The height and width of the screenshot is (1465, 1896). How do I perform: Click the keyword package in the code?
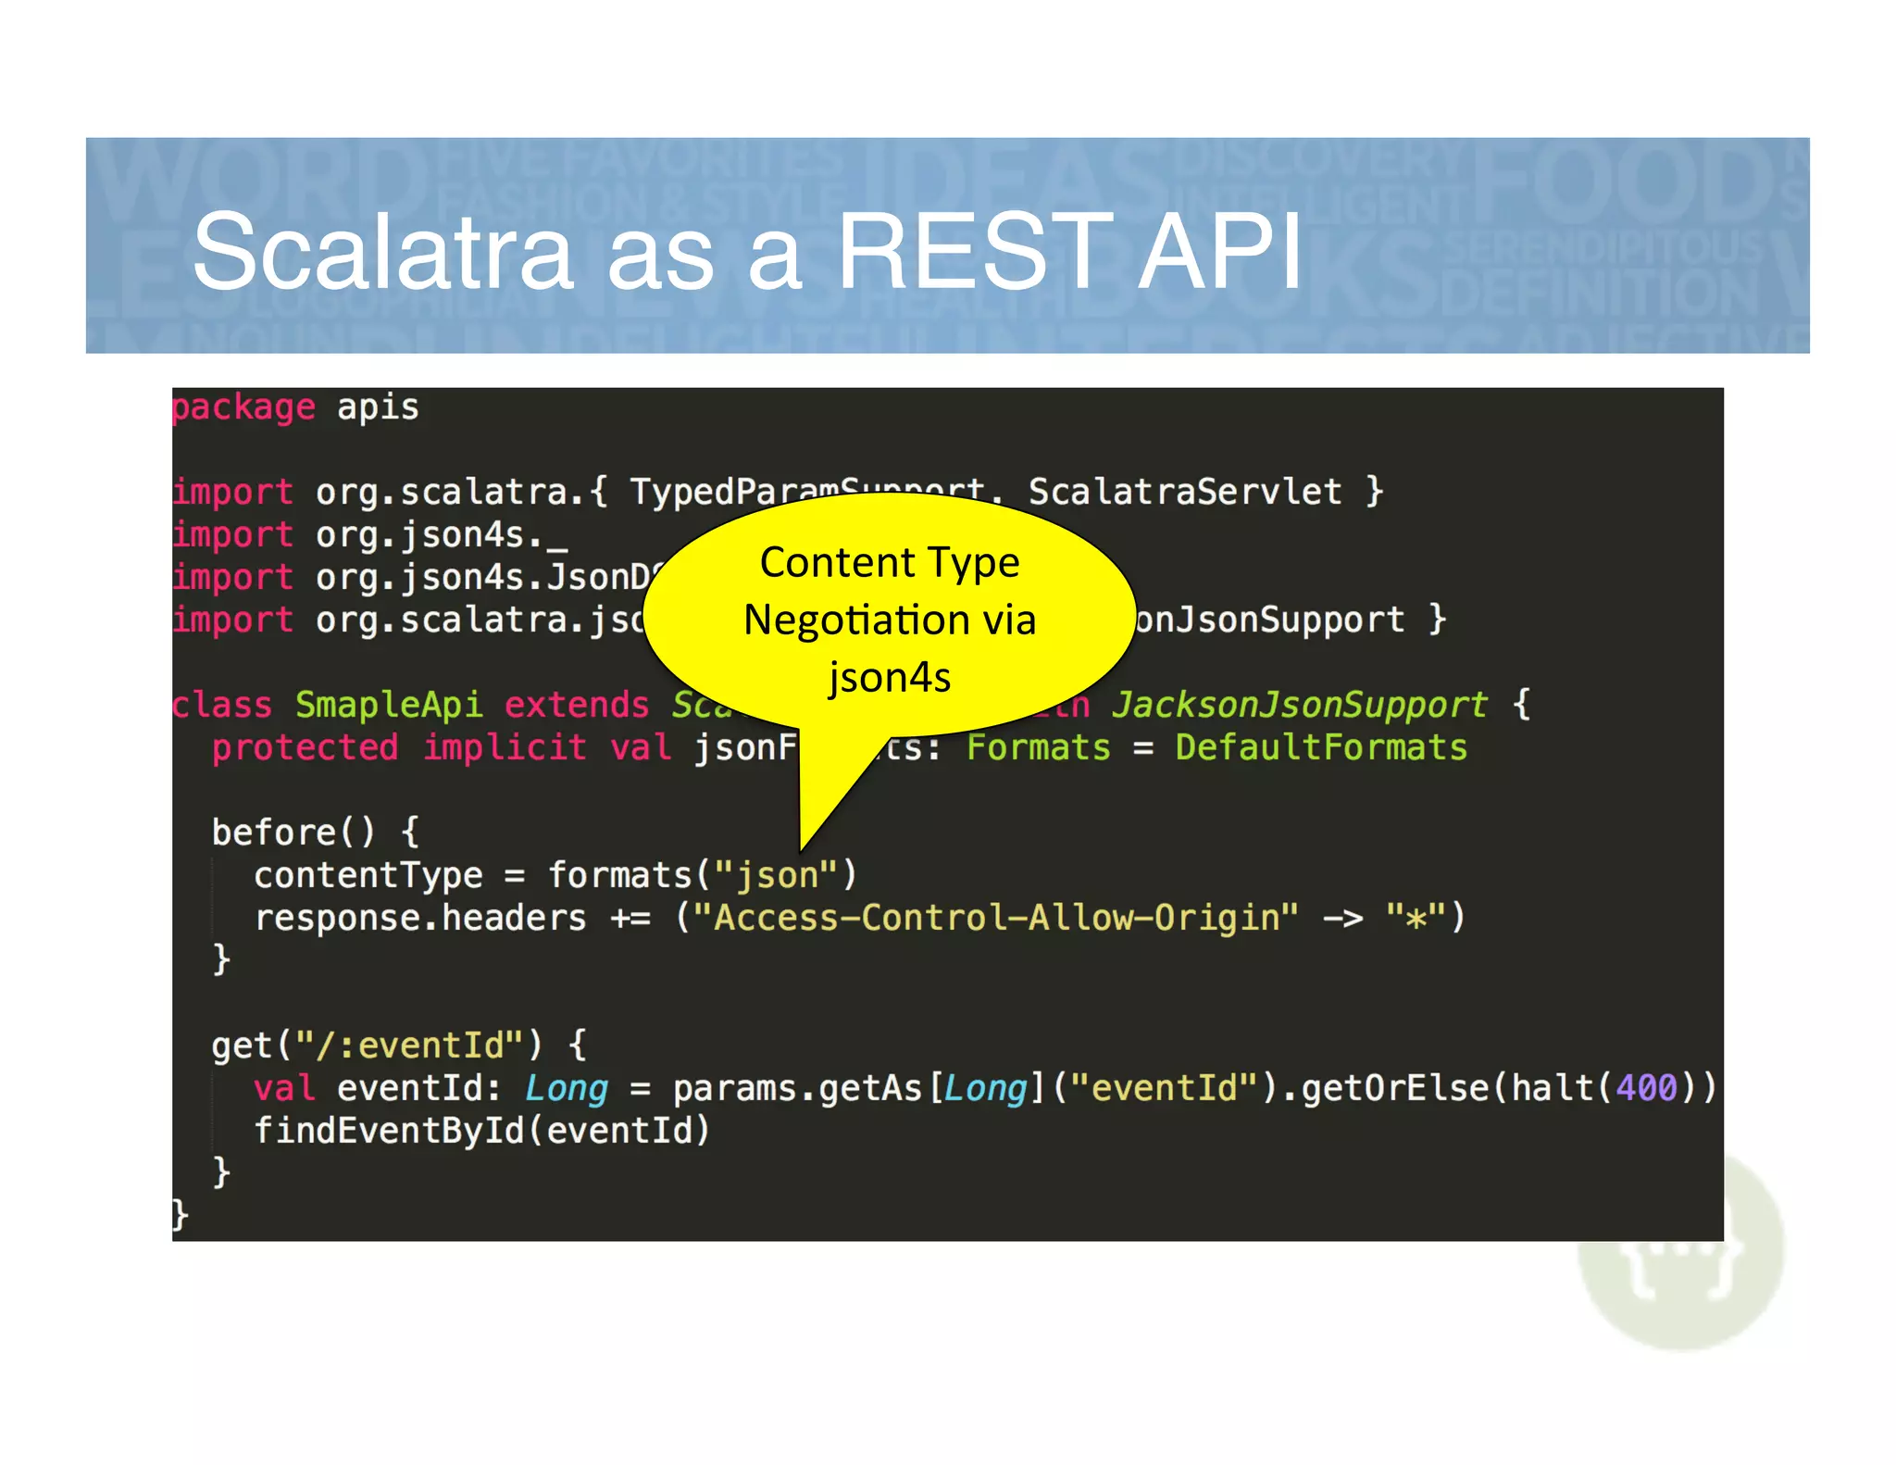tap(244, 407)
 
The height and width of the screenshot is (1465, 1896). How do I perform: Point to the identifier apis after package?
tap(378, 407)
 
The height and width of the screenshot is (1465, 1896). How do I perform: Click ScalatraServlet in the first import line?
tap(1185, 491)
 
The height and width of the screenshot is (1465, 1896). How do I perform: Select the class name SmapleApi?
tap(389, 705)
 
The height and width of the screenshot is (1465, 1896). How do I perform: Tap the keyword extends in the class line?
tap(577, 705)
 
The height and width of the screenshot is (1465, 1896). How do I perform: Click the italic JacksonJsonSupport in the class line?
tap(1300, 705)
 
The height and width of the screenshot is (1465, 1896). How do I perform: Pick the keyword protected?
tap(306, 747)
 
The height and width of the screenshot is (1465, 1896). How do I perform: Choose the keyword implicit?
tap(505, 747)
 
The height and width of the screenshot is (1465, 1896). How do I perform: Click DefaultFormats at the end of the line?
tap(1321, 747)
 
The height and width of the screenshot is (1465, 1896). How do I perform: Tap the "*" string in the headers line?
tap(1416, 918)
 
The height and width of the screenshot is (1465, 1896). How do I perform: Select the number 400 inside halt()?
tap(1646, 1088)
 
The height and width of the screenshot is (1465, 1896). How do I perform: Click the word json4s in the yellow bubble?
tap(890, 677)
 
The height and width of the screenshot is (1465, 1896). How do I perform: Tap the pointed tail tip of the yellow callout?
tap(803, 847)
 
